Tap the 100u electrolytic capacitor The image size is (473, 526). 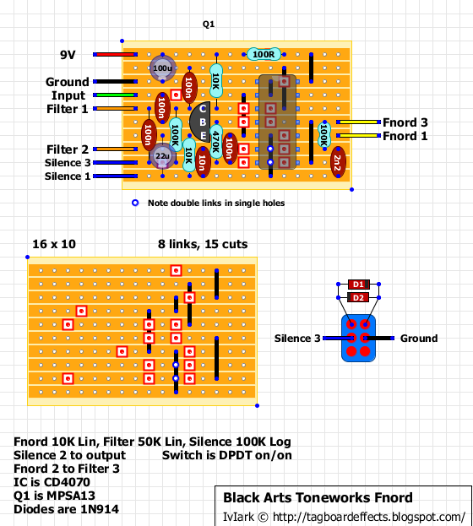(x=161, y=68)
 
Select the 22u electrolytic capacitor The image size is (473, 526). (x=161, y=155)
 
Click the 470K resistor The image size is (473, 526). (x=215, y=140)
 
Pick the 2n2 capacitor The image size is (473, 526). (x=337, y=160)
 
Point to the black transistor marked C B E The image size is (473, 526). (x=203, y=122)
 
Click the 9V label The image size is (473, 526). (x=68, y=55)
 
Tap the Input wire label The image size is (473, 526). (x=68, y=95)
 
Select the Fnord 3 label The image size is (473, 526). (x=405, y=122)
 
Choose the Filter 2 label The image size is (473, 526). (x=68, y=149)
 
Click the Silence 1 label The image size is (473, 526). (x=68, y=176)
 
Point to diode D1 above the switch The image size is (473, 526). (x=358, y=285)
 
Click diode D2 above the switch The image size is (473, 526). (x=358, y=298)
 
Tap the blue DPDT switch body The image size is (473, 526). (x=358, y=339)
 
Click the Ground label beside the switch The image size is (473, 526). (x=418, y=339)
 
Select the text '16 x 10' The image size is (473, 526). (x=53, y=244)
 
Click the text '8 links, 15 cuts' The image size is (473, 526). (x=203, y=244)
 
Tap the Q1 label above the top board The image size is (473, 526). (x=209, y=24)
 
